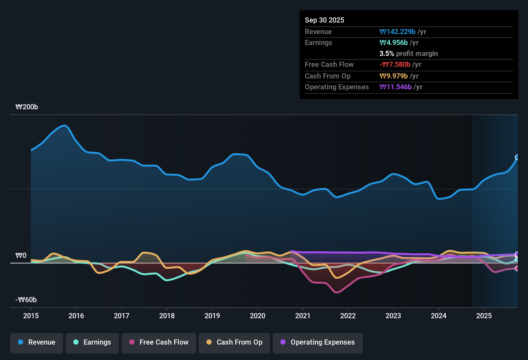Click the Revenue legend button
click(x=37, y=342)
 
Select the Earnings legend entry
click(x=92, y=342)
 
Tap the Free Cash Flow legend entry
click(x=159, y=342)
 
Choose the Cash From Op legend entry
click(x=234, y=342)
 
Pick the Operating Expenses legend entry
click(x=318, y=342)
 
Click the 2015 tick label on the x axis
click(x=31, y=316)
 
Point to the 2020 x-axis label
click(x=258, y=316)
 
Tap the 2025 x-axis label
click(x=484, y=316)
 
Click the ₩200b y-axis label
click(x=27, y=107)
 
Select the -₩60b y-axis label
click(x=26, y=300)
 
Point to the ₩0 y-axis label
click(x=21, y=256)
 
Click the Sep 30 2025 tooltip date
click(x=324, y=20)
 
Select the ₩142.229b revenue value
click(x=397, y=32)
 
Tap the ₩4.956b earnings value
click(x=394, y=43)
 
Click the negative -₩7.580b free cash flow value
click(x=395, y=65)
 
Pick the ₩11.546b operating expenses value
click(x=396, y=87)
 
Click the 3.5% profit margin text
click(x=408, y=54)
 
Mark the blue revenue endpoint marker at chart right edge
click(x=517, y=157)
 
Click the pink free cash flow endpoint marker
click(x=517, y=268)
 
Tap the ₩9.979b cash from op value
click(x=394, y=76)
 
